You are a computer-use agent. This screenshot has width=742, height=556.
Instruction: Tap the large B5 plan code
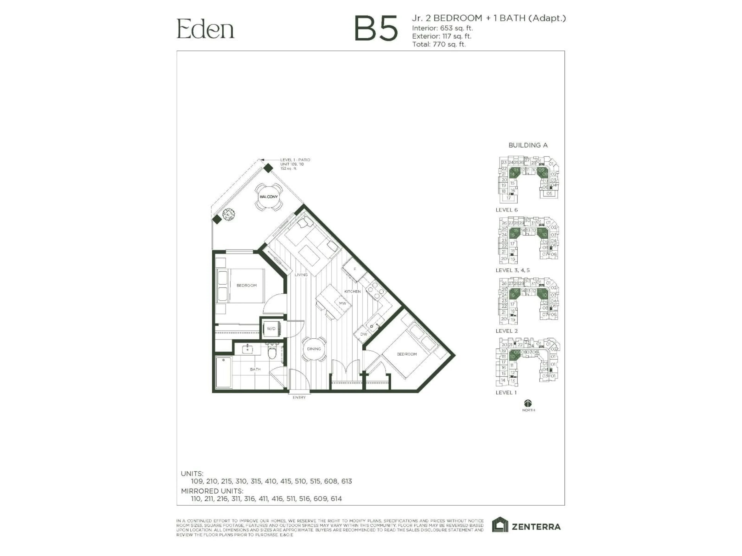[376, 29]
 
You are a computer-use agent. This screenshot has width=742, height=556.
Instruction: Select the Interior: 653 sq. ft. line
[442, 28]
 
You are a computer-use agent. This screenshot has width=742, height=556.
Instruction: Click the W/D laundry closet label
[271, 329]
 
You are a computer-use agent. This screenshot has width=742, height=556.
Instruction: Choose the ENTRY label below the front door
[299, 398]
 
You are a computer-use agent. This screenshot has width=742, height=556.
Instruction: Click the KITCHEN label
[352, 292]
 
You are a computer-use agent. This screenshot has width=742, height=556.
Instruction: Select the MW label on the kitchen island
[342, 303]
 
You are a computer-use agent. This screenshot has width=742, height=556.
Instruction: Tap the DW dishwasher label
[364, 334]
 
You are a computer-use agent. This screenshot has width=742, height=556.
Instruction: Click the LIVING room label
[301, 275]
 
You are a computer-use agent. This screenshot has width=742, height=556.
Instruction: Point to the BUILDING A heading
[528, 145]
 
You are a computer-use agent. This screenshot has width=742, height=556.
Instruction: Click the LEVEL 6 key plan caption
[506, 210]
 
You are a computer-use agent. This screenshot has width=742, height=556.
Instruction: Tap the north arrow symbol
[528, 403]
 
